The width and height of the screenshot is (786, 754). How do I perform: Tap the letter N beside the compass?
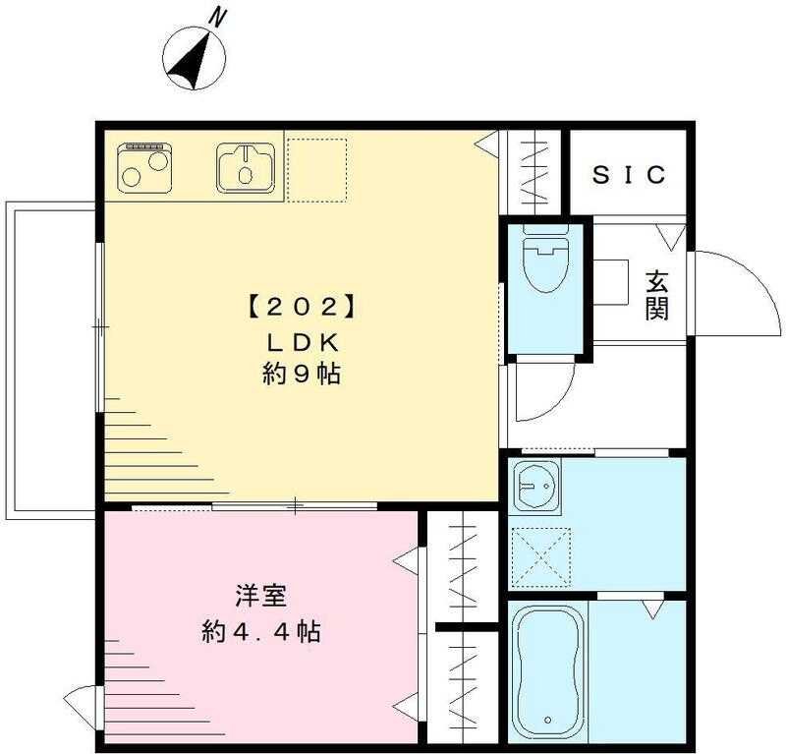tap(218, 17)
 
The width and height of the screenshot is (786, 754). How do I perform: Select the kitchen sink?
tap(246, 165)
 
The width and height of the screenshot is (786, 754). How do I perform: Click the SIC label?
tap(630, 175)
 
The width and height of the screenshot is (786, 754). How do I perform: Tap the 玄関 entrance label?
tap(657, 295)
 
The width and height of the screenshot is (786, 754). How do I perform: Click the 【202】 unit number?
tap(299, 306)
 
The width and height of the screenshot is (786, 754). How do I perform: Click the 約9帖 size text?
tap(300, 375)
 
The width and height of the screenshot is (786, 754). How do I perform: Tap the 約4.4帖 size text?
tap(259, 630)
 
